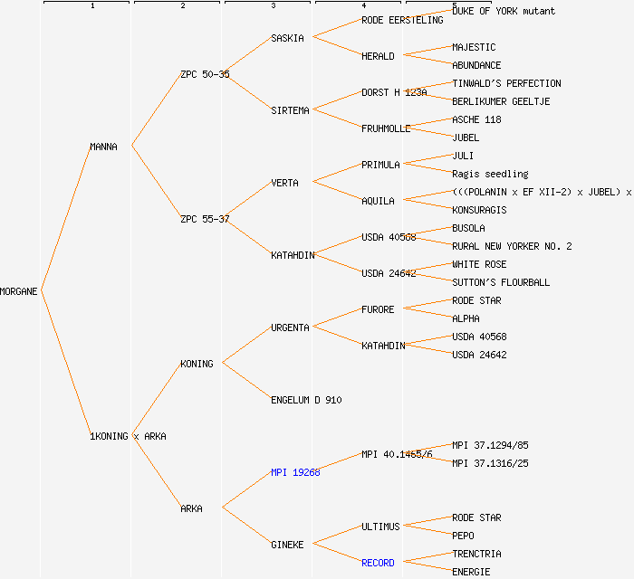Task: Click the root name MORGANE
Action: point(19,291)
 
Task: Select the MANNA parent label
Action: point(103,147)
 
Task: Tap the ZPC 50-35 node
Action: point(205,74)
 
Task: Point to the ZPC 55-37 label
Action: point(205,219)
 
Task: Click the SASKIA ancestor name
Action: point(287,38)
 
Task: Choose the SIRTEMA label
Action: point(290,110)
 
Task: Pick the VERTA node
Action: point(284,183)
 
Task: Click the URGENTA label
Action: point(290,327)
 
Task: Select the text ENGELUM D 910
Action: point(306,400)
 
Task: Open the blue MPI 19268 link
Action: point(295,472)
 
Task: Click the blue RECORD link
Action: point(378,563)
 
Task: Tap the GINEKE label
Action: point(287,545)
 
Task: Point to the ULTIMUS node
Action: point(380,527)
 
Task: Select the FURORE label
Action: point(378,309)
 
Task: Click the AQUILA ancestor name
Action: point(378,201)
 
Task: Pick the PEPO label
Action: point(463,536)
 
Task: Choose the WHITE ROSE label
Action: point(479,264)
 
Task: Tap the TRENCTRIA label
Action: point(476,554)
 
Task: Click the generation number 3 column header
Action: point(273,6)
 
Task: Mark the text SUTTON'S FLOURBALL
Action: point(501,282)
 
